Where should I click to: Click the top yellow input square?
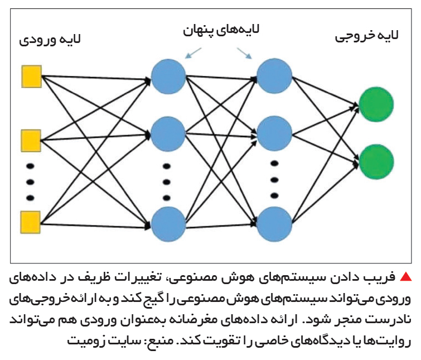(x=31, y=76)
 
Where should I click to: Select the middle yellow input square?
(x=31, y=141)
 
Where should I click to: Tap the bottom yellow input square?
(x=31, y=222)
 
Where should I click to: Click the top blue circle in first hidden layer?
(x=168, y=76)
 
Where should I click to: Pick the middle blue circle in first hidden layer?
(x=168, y=134)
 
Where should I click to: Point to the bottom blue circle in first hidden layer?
(x=168, y=224)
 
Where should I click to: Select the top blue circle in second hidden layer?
(x=274, y=76)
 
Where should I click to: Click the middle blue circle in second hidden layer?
(x=274, y=133)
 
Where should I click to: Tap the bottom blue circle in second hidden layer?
(x=274, y=224)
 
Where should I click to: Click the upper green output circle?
(x=376, y=104)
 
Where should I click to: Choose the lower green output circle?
(x=376, y=162)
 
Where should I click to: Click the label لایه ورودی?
(x=50, y=40)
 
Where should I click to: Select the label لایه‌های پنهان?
(x=221, y=30)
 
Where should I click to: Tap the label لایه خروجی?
(x=366, y=36)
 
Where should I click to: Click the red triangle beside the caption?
(x=405, y=276)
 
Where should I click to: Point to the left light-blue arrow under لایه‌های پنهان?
(x=193, y=53)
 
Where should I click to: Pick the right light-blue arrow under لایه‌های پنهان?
(x=244, y=53)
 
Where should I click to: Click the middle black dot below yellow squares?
(x=30, y=182)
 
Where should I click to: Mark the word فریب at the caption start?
(x=383, y=277)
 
